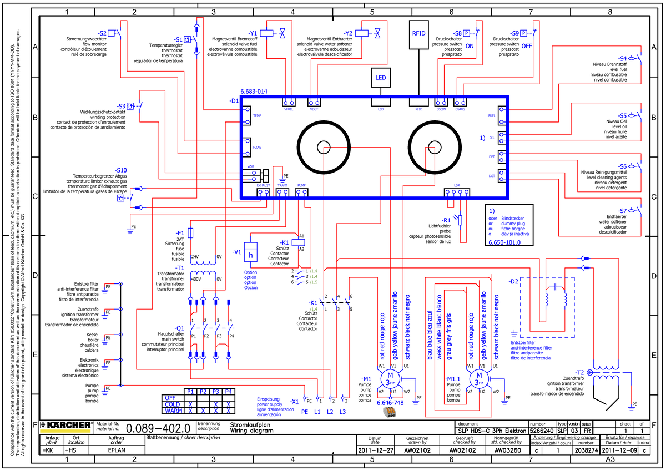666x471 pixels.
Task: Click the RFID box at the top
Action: pyautogui.click(x=419, y=33)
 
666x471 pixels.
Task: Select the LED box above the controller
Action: pyautogui.click(x=381, y=78)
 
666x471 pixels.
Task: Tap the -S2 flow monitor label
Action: pyautogui.click(x=103, y=33)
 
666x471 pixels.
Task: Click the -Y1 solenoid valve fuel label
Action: pyautogui.click(x=253, y=33)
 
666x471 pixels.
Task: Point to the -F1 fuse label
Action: pyautogui.click(x=179, y=232)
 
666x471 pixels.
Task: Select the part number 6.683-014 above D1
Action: pyautogui.click(x=254, y=92)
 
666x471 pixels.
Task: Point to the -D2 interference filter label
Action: pyautogui.click(x=513, y=281)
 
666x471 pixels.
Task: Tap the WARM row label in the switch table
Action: pyautogui.click(x=173, y=412)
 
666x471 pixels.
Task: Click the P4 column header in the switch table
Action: pyautogui.click(x=228, y=392)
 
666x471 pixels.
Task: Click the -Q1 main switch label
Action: pyautogui.click(x=179, y=327)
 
